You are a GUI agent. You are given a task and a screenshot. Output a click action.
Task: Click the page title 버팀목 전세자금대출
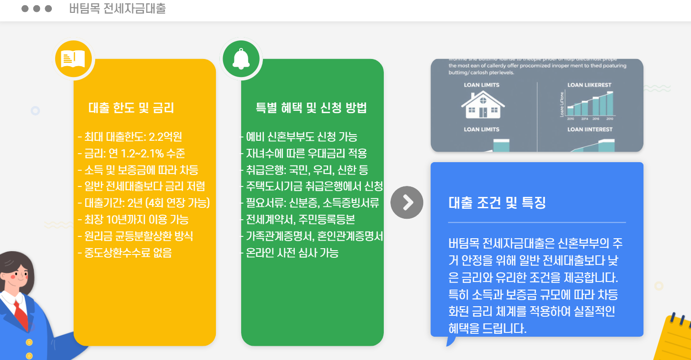click(x=117, y=9)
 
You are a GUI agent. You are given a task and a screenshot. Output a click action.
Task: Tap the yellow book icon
click(x=73, y=58)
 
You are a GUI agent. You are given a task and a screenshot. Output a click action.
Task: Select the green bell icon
click(x=241, y=59)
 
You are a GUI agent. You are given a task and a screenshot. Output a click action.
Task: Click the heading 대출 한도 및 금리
click(x=131, y=108)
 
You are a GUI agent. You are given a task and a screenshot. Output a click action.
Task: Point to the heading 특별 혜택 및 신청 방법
click(x=311, y=108)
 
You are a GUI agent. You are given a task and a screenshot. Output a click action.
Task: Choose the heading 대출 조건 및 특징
click(x=497, y=203)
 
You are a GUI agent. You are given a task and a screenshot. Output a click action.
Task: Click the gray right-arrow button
click(x=407, y=203)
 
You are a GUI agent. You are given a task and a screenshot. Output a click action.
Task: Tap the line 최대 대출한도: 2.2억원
click(x=130, y=137)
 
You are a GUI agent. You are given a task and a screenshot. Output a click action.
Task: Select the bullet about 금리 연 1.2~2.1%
click(x=131, y=154)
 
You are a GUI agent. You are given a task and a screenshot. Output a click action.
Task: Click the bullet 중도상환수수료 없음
click(x=125, y=253)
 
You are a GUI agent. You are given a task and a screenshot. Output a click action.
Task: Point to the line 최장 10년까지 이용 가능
click(x=133, y=220)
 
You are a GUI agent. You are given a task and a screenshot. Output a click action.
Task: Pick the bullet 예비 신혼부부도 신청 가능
click(x=299, y=137)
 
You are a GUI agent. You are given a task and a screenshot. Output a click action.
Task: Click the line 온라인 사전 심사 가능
click(x=290, y=253)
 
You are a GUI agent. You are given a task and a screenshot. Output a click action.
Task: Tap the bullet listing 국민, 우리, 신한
click(x=304, y=170)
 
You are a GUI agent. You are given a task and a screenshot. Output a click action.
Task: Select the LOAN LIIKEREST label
click(x=589, y=85)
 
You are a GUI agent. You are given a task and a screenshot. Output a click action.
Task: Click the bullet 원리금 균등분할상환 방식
click(x=136, y=236)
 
